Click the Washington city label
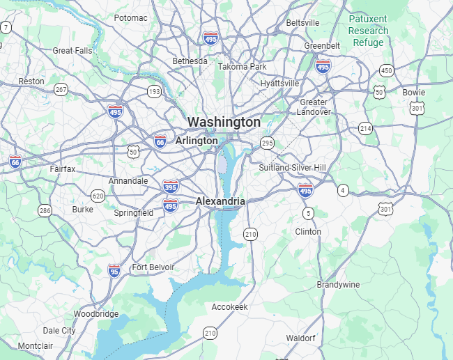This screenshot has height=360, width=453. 224,122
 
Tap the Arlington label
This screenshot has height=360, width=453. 197,141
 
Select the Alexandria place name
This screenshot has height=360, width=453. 220,201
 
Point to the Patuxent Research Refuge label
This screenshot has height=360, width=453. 368,31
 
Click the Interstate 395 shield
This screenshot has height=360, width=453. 170,187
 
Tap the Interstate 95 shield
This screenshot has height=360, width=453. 114,269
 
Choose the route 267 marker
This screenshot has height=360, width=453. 61,89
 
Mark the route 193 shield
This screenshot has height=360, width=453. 154,91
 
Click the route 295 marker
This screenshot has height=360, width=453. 267,143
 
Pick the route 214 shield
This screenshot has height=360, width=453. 365,128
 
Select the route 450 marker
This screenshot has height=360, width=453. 386,70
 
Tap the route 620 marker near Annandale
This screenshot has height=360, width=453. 98,196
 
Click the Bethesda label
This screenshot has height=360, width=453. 190,61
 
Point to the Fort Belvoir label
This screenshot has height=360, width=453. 153,267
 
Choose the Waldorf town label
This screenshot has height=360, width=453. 300,338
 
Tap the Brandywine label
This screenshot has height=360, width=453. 339,285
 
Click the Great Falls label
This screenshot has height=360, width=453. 72,50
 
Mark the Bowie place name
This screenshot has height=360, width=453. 413,92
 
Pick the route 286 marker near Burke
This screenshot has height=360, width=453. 45,210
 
